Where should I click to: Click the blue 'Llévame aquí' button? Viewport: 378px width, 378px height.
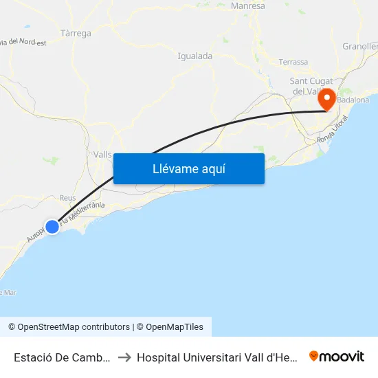[188, 168]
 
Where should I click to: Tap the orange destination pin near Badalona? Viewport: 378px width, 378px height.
[327, 99]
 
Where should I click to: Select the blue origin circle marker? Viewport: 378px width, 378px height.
[52, 225]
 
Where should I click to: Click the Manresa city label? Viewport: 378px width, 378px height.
[248, 6]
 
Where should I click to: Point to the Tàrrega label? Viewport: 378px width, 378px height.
[76, 33]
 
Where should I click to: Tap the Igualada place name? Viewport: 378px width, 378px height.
[194, 56]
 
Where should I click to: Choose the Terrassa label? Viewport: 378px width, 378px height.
[293, 62]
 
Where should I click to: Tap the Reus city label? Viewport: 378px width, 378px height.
[67, 197]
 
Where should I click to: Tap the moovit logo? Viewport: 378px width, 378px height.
[337, 356]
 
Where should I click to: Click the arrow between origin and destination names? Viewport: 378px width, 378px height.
[124, 357]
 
